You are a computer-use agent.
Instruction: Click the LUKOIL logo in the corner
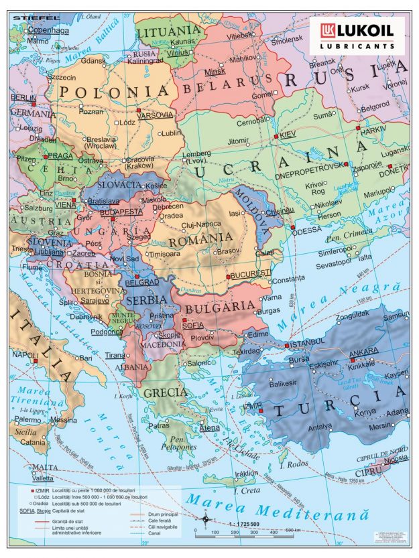(x=357, y=35)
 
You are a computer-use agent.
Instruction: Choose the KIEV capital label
(x=287, y=135)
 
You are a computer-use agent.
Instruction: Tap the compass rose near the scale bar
(x=205, y=518)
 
